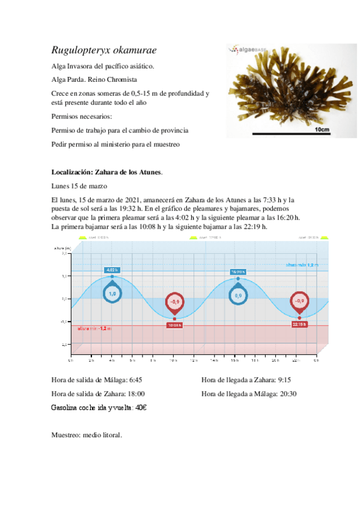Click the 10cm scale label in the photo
click(x=323, y=129)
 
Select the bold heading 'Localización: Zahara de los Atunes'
click(x=107, y=173)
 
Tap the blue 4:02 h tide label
click(x=112, y=270)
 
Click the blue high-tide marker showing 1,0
click(x=112, y=293)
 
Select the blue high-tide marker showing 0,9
click(x=238, y=295)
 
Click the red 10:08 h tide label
click(x=174, y=325)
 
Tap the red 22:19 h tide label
click(x=299, y=324)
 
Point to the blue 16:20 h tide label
click(x=238, y=271)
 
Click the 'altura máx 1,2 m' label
click(x=302, y=265)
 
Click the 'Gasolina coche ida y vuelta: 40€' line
click(x=99, y=408)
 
